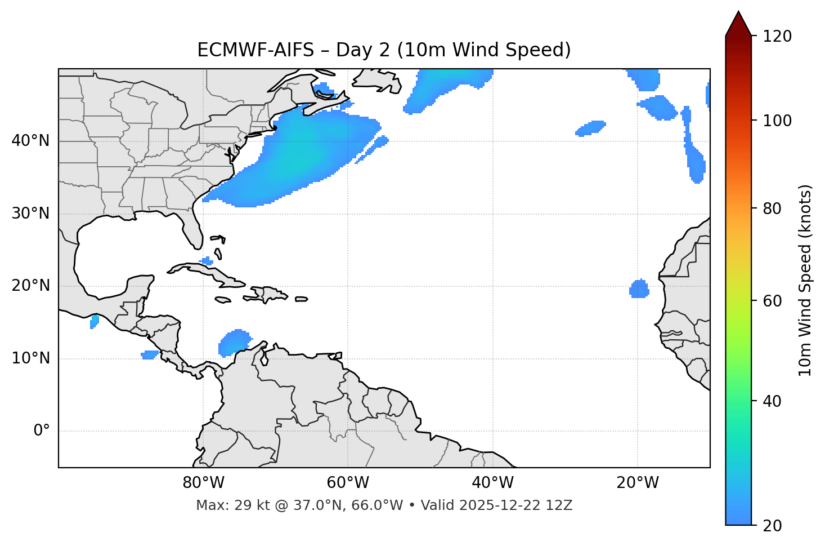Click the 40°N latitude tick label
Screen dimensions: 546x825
coord(30,141)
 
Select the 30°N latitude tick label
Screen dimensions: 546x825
coord(30,214)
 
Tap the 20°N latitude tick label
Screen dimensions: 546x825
coord(30,286)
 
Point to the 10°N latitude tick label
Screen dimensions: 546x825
coord(30,358)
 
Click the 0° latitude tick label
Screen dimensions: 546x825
coord(41,431)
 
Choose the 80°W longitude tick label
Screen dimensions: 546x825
coord(203,483)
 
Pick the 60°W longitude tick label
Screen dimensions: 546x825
coord(348,483)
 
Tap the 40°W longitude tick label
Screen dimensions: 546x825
coord(492,483)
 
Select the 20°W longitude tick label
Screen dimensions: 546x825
coord(638,483)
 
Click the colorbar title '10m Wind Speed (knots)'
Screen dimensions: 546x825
coord(805,280)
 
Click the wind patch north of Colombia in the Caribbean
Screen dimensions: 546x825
coord(234,342)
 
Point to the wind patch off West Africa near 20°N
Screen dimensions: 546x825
coord(639,289)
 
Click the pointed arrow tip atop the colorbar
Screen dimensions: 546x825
coord(738,14)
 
